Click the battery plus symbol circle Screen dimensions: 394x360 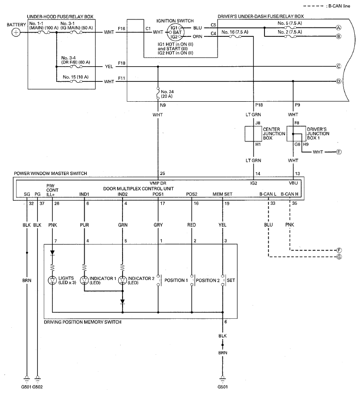(x=16, y=32)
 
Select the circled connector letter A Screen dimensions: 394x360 (x=339, y=28)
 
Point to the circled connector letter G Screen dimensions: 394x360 (x=339, y=257)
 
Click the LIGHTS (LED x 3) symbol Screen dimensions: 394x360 (x=52, y=280)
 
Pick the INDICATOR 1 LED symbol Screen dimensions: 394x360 (x=85, y=280)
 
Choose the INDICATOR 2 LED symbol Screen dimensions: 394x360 (x=122, y=280)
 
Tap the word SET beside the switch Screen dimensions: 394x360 (x=231, y=280)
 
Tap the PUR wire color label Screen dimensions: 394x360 (x=85, y=225)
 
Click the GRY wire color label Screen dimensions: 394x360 (x=158, y=225)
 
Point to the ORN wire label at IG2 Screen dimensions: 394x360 (x=198, y=36)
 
